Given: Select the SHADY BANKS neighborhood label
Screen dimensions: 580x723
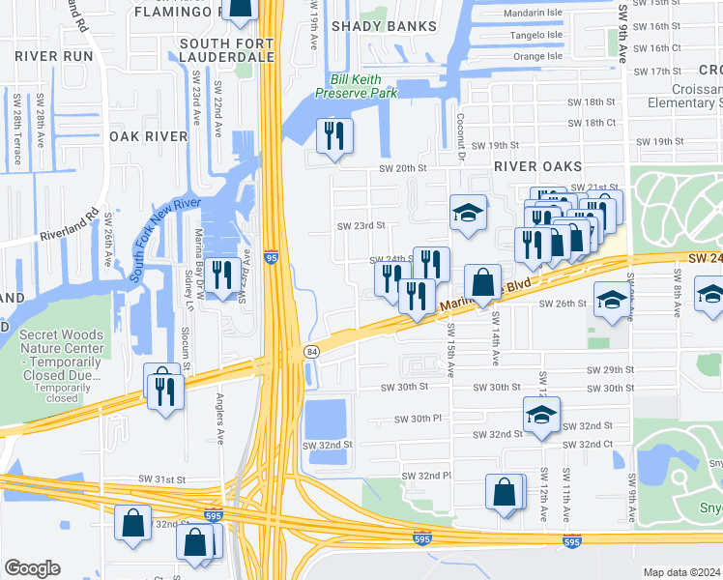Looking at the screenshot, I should [x=371, y=26].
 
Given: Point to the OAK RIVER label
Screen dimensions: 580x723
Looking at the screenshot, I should [x=148, y=136].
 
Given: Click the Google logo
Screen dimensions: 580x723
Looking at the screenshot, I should [x=32, y=567].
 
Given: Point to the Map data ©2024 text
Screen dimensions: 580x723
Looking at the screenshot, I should [x=681, y=572].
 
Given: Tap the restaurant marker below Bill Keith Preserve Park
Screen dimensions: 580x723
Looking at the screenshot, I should [x=334, y=136].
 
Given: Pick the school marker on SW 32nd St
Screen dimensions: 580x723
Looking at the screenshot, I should [x=542, y=416].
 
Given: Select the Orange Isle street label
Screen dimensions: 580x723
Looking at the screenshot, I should [x=537, y=56].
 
